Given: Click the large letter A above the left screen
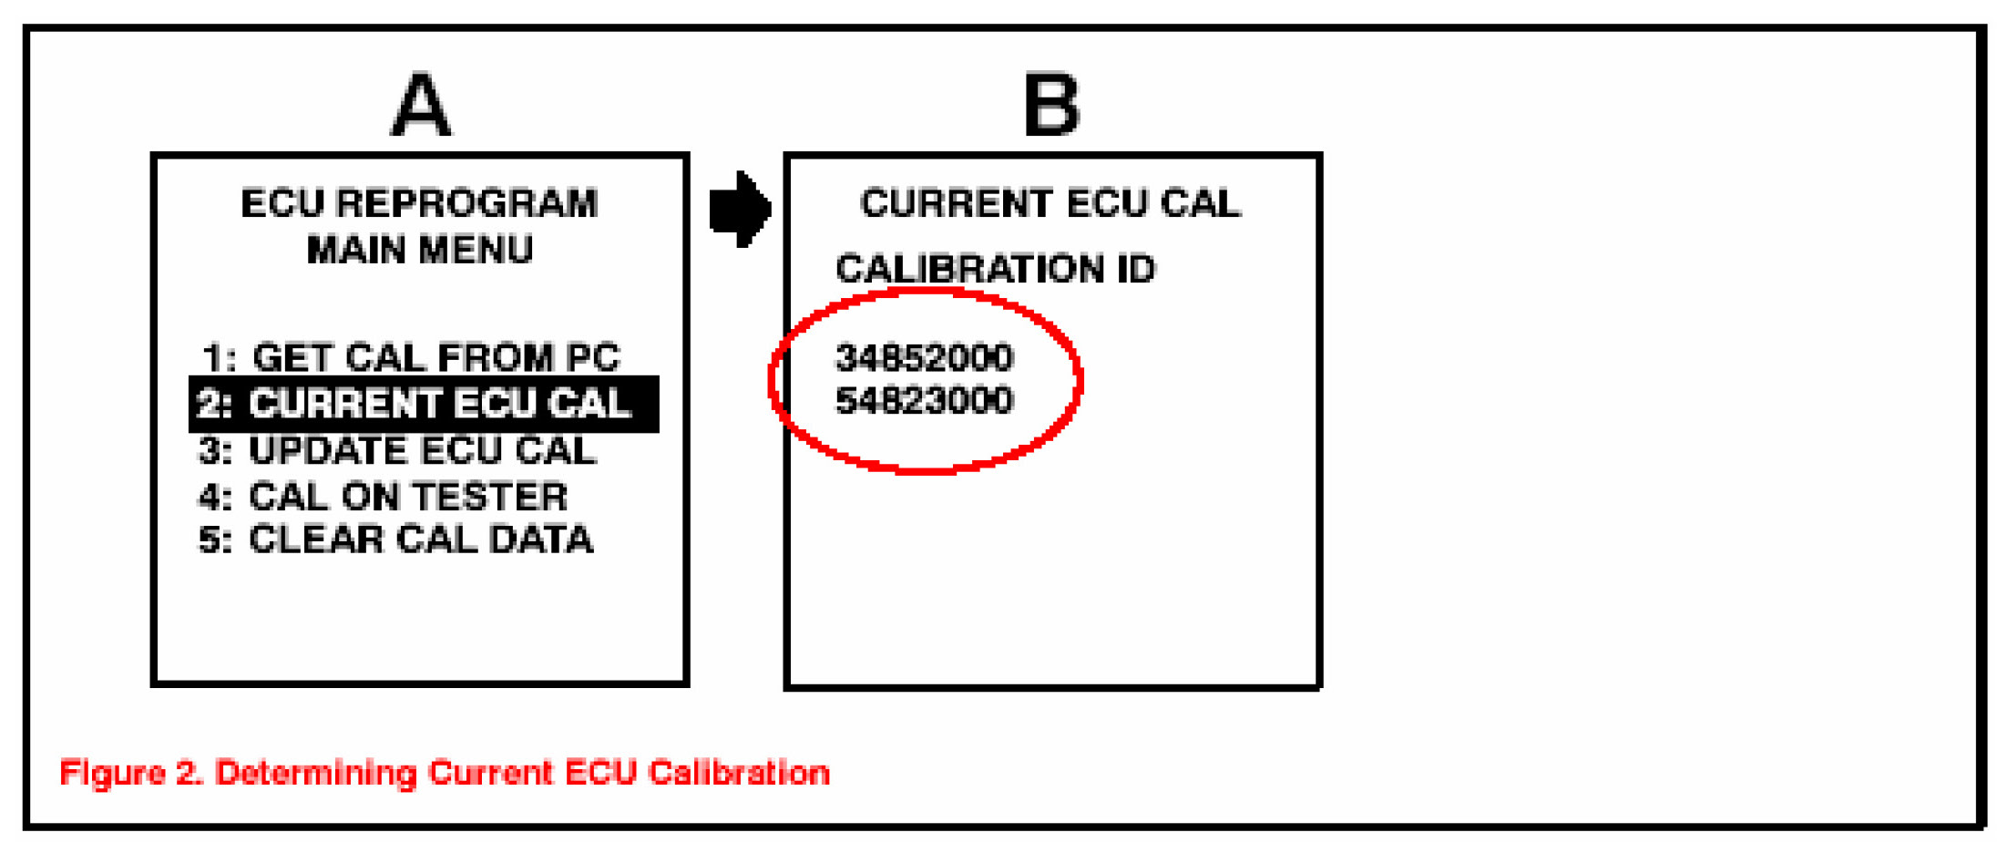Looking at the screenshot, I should pyautogui.click(x=420, y=106).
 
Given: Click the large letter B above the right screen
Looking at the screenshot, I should pyautogui.click(x=1051, y=106).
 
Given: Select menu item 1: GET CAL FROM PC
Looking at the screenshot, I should pyautogui.click(x=411, y=357).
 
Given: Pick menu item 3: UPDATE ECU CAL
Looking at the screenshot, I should pyautogui.click(x=398, y=450).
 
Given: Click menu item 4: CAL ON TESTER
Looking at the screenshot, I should pyautogui.click(x=384, y=497).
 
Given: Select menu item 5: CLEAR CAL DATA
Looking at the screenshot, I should pyautogui.click(x=396, y=540).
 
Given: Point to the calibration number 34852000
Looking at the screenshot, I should pyautogui.click(x=924, y=357).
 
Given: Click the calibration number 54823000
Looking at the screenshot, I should pyautogui.click(x=924, y=401).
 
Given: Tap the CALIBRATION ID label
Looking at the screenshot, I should pyautogui.click(x=995, y=269).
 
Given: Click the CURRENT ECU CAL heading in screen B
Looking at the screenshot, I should pyautogui.click(x=1050, y=203).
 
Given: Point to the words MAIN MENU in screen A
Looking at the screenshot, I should pyautogui.click(x=420, y=250).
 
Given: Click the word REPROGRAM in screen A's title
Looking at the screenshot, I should pyautogui.click(x=466, y=203).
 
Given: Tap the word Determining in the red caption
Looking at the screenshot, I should pyautogui.click(x=316, y=773).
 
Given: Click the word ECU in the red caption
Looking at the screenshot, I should pyautogui.click(x=599, y=773).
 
